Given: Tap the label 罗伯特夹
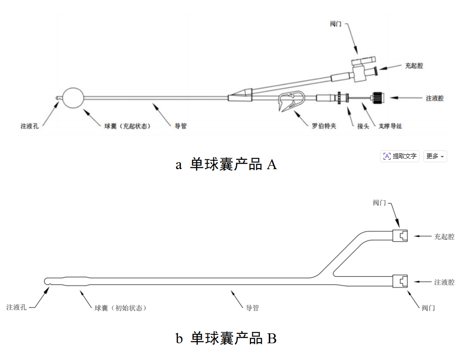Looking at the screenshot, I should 324,126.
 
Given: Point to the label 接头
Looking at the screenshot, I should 363,126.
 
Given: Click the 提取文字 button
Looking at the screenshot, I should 400,156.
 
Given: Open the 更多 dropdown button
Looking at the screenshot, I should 435,156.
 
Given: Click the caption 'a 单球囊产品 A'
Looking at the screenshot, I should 226,165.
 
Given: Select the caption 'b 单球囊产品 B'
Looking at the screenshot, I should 226,338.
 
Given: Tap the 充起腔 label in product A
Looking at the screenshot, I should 414,65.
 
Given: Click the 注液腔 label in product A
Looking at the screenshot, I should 434,98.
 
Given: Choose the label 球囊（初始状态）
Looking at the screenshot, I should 121,308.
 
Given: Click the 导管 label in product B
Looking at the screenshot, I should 252,308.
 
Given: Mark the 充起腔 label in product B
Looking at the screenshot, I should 444,237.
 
